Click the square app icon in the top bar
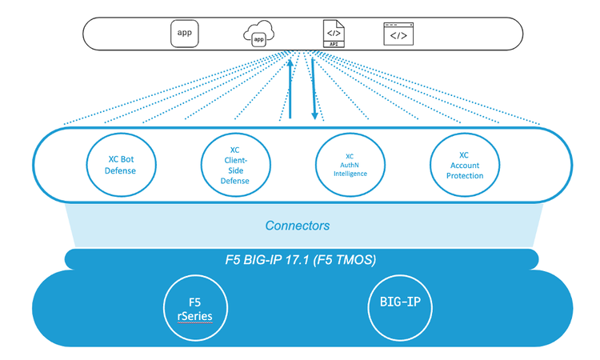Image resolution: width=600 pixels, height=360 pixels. [184, 34]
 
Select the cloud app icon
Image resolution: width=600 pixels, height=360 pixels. [258, 36]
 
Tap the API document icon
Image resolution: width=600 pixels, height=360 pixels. [331, 34]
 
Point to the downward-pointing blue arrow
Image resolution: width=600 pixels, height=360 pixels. [314, 88]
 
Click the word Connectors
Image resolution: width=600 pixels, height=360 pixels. [298, 226]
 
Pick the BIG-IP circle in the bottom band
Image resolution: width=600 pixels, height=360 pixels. [400, 307]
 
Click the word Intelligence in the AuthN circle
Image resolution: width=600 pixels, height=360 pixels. [350, 173]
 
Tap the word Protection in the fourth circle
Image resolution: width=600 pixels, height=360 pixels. [464, 175]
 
